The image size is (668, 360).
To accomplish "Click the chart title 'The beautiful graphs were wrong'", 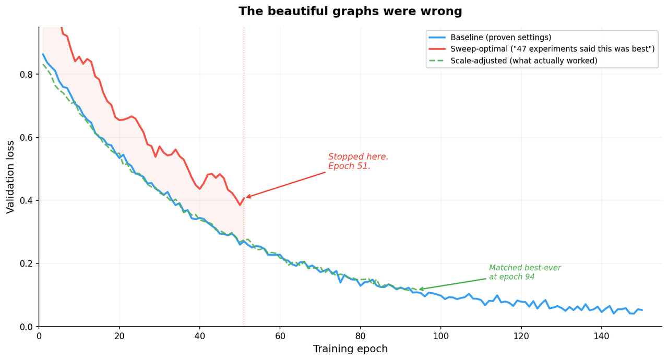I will [350, 11].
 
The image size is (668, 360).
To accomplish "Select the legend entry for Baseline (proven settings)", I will [500, 38].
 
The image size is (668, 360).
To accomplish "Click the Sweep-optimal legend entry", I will [552, 49].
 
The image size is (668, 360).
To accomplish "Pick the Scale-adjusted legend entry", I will [523, 61].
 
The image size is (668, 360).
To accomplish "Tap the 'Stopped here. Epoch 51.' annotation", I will [358, 162].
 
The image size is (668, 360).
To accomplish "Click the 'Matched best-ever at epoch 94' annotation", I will [524, 272].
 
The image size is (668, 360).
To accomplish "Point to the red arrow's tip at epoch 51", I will [246, 198].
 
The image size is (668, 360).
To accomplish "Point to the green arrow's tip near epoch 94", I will [419, 290].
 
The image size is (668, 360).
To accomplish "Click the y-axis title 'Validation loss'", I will [11, 176].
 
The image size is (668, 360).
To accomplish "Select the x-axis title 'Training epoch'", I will [350, 349].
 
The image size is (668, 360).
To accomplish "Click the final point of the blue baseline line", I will [642, 310].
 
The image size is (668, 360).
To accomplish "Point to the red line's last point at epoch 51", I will [244, 198].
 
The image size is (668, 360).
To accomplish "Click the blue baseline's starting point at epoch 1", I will [43, 54].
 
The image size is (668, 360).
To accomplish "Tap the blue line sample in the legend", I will [437, 38].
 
